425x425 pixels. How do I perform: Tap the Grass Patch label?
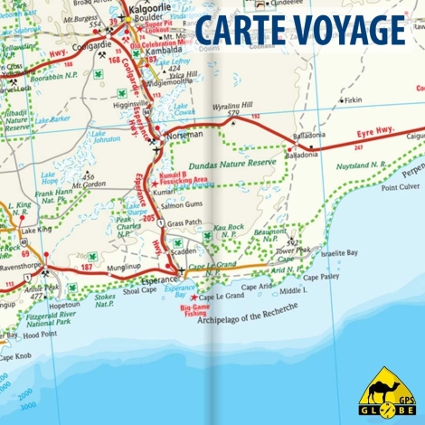184,222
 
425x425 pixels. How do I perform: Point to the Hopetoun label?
66,306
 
